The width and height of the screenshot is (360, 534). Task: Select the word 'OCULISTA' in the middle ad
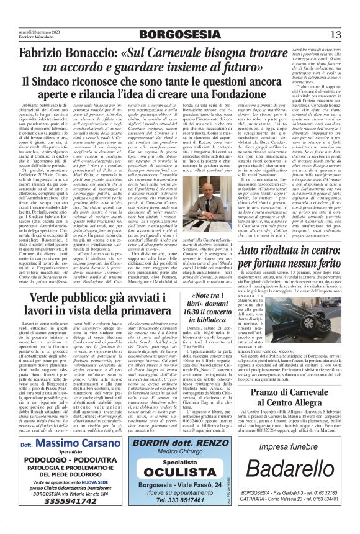[x=179, y=484]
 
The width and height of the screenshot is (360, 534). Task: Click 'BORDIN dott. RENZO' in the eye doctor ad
[x=179, y=459]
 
